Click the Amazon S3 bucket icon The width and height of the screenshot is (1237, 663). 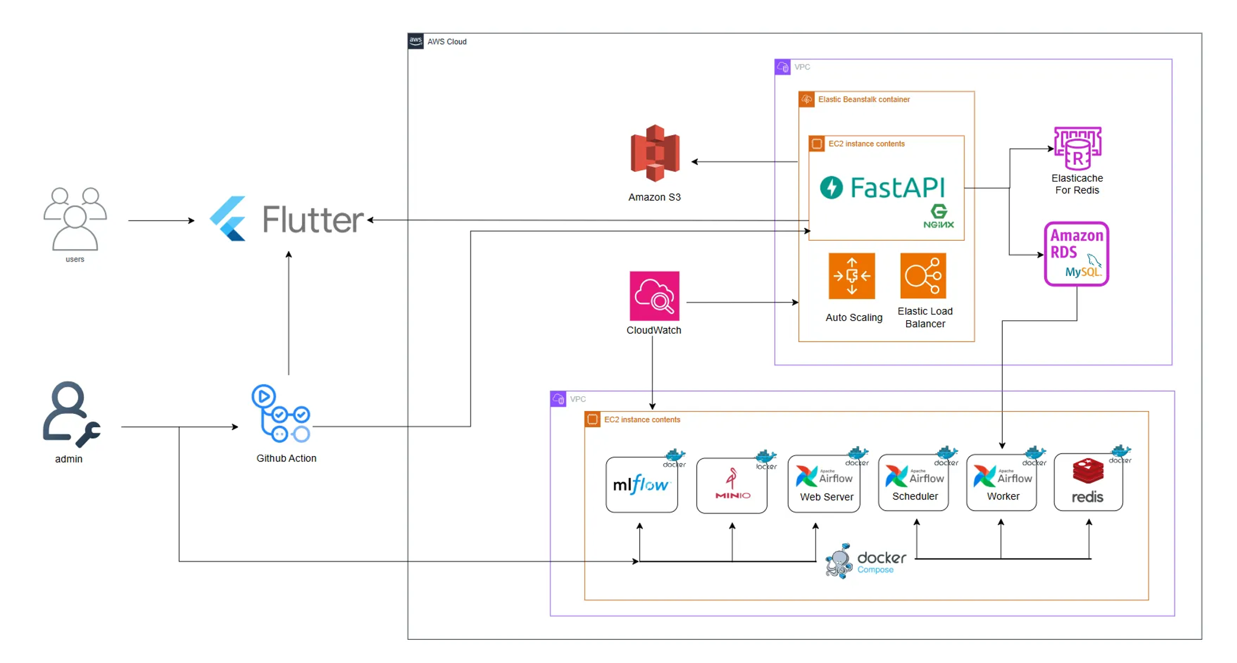[655, 153]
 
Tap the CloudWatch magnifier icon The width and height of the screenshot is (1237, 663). [654, 296]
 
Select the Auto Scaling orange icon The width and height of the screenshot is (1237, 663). [852, 276]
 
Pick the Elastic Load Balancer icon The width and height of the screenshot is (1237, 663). [923, 276]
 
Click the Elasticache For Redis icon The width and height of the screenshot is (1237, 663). [1077, 148]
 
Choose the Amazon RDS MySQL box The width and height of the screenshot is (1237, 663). [1076, 254]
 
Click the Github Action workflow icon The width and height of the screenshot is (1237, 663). [281, 414]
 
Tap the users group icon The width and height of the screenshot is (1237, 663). [75, 219]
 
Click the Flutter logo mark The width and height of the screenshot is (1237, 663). [228, 219]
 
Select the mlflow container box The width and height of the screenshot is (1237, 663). [642, 485]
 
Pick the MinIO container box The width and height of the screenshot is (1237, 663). [732, 485]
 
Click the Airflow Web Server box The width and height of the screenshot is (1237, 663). [824, 484]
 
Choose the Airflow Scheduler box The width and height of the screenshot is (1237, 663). [914, 483]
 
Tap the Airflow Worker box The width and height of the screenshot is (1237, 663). [1002, 483]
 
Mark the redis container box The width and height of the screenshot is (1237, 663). [1088, 483]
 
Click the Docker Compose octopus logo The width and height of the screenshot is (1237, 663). [839, 560]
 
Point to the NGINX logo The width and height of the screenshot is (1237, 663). [939, 216]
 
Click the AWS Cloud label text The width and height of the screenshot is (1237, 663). [447, 42]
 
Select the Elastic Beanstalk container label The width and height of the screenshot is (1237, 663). [863, 99]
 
